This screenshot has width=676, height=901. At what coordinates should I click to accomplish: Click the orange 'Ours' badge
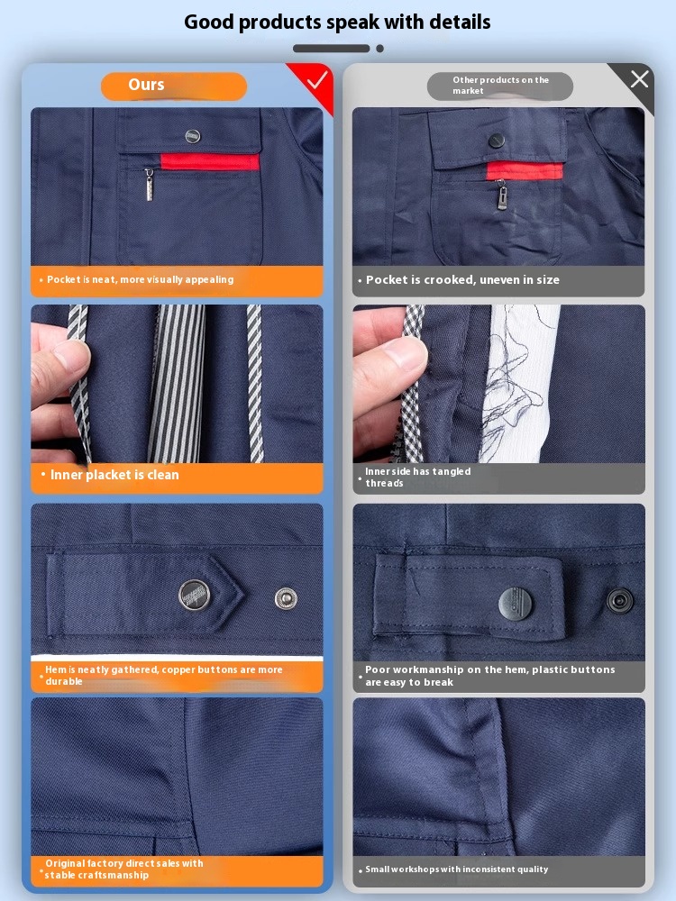[x=174, y=86]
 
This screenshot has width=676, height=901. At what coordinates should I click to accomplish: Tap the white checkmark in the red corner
[x=317, y=80]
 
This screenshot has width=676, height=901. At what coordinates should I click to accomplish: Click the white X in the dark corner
[x=639, y=79]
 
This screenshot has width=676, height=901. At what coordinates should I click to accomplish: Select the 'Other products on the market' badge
[x=499, y=86]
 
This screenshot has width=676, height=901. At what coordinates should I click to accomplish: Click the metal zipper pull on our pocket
[x=149, y=185]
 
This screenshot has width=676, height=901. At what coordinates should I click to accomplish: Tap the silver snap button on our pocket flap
[x=193, y=136]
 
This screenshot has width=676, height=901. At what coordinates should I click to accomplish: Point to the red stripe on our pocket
[x=210, y=162]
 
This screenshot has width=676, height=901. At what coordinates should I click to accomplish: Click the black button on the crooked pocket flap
[x=496, y=140]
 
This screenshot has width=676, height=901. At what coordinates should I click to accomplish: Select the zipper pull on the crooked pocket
[x=502, y=195]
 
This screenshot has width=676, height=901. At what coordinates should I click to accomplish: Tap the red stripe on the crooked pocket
[x=525, y=170]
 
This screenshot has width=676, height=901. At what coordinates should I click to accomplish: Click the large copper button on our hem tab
[x=195, y=595]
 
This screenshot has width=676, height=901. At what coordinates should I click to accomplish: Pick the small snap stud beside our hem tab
[x=286, y=598]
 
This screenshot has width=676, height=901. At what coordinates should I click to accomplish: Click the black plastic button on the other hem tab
[x=515, y=604]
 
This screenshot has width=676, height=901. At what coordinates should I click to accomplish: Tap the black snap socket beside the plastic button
[x=620, y=601]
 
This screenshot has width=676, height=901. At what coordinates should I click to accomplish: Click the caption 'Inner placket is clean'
[x=114, y=475]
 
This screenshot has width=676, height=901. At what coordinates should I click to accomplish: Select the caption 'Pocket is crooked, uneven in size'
[x=462, y=280]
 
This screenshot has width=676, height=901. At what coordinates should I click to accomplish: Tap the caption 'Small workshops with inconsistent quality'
[x=456, y=869]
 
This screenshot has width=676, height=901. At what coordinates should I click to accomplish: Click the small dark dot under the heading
[x=380, y=49]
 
